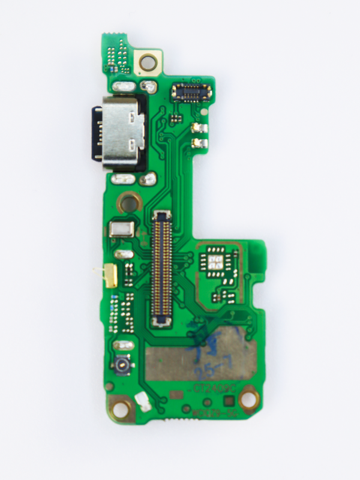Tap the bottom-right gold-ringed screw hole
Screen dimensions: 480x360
[248, 397]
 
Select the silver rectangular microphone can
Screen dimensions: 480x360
[122, 230]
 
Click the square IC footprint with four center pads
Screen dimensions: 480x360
[216, 262]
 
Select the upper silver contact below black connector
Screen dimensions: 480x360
[197, 128]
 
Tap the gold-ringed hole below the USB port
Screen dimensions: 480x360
[128, 203]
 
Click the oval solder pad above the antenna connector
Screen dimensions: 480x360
[122, 346]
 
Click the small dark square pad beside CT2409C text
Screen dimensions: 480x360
[229, 401]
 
